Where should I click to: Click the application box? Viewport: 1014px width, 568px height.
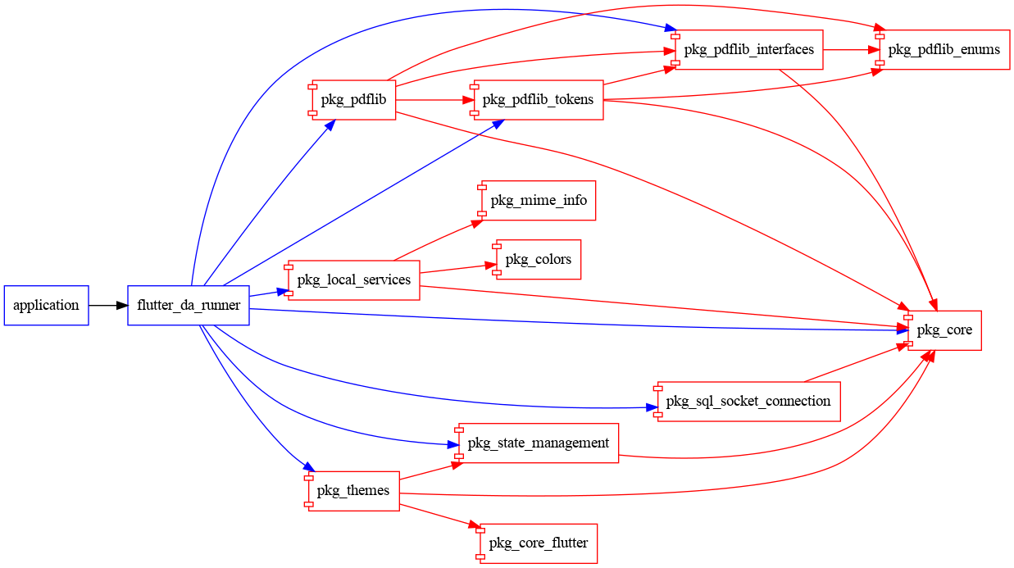pyautogui.click(x=46, y=306)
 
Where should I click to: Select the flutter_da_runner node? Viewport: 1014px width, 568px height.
pyautogui.click(x=189, y=306)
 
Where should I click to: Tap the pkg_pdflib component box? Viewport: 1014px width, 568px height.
pyautogui.click(x=354, y=100)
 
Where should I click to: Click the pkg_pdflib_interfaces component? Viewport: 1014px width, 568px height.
pyautogui.click(x=748, y=49)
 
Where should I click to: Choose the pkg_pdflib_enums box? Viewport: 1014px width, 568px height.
pyautogui.click(x=944, y=49)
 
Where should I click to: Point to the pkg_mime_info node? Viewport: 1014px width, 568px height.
pyautogui.click(x=539, y=200)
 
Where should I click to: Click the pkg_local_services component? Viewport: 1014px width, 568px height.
pyautogui.click(x=353, y=280)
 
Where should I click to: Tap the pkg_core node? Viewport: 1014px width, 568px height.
pyautogui.click(x=944, y=330)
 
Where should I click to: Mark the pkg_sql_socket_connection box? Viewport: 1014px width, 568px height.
pyautogui.click(x=748, y=402)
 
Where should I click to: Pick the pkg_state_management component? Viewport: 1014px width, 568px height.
pyautogui.click(x=538, y=443)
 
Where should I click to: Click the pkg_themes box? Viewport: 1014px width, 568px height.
pyautogui.click(x=353, y=491)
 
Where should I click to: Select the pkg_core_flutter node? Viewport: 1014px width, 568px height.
pyautogui.click(x=539, y=543)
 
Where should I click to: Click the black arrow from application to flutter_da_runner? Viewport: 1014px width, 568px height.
pyautogui.click(x=108, y=306)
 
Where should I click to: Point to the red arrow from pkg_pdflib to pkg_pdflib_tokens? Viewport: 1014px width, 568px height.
pyautogui.click(x=434, y=100)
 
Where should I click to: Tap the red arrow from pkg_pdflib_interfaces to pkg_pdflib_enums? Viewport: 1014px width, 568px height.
pyautogui.click(x=850, y=49)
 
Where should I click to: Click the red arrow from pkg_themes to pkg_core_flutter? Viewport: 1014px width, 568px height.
pyautogui.click(x=439, y=516)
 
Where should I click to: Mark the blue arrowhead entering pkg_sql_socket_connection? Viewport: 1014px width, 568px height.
pyautogui.click(x=652, y=407)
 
